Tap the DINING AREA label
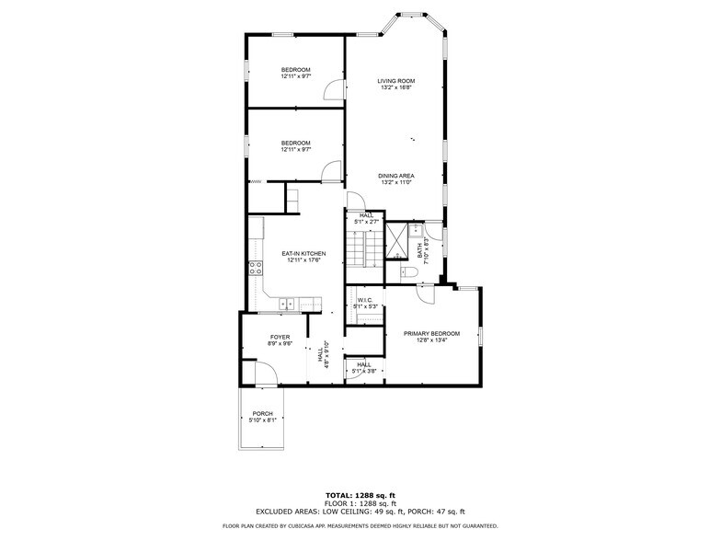(396, 175)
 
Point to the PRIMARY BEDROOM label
(431, 333)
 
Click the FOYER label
(280, 337)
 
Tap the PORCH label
(262, 413)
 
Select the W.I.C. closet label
(365, 300)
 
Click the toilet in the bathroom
(410, 273)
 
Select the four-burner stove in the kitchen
(255, 269)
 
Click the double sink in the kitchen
(288, 303)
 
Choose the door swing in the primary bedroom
(425, 294)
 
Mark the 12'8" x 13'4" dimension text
(431, 341)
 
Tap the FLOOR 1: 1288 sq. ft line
(360, 504)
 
